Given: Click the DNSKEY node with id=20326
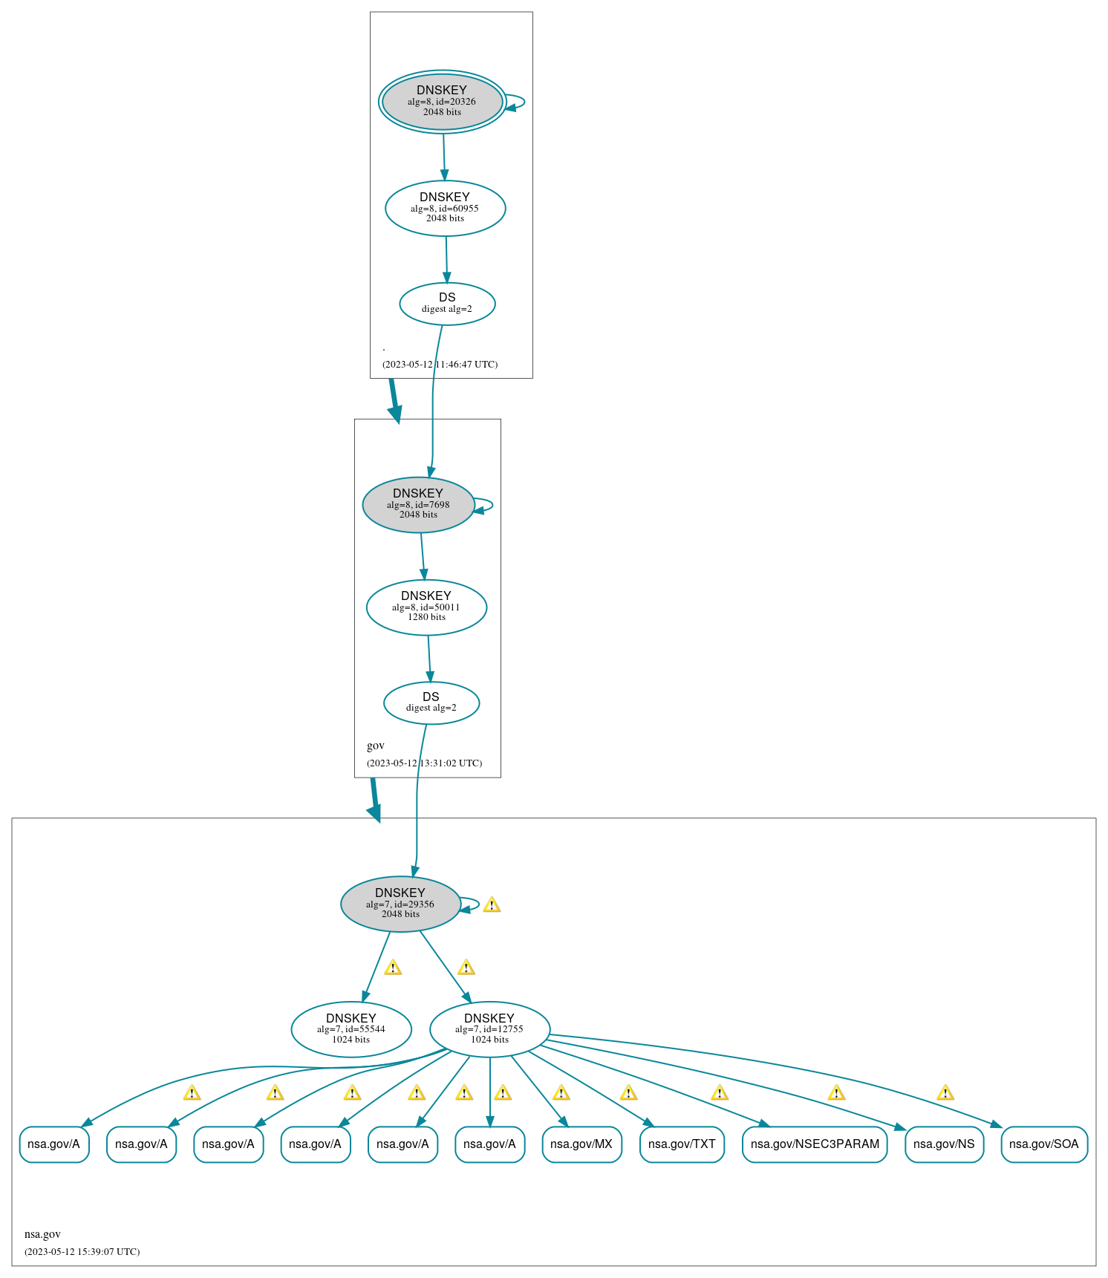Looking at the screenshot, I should (442, 102).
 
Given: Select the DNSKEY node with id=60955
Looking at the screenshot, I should (445, 208).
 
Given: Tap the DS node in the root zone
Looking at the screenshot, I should (447, 304).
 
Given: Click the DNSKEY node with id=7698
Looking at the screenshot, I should (418, 505).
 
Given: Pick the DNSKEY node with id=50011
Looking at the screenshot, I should (426, 607).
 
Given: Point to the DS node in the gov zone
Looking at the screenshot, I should (431, 702).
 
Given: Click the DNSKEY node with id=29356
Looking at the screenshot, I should (400, 904).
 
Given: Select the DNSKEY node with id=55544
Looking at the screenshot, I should (351, 1029).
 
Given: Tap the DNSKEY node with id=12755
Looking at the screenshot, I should (489, 1029).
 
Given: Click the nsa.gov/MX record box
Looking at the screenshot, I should (581, 1144).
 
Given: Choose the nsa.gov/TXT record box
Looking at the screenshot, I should (682, 1144).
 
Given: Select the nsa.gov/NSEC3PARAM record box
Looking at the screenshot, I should (815, 1144).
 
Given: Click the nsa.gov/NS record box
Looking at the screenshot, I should (944, 1144).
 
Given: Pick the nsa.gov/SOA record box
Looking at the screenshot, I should (1043, 1144).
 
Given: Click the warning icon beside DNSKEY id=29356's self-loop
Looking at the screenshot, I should (492, 905).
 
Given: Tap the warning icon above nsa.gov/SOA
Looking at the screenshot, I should (945, 1093).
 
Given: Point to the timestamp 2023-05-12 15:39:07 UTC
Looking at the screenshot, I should (82, 1252).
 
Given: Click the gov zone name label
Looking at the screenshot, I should (376, 746).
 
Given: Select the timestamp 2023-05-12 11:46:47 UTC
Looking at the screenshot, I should (440, 365).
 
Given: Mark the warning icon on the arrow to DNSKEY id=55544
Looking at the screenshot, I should (393, 968).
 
